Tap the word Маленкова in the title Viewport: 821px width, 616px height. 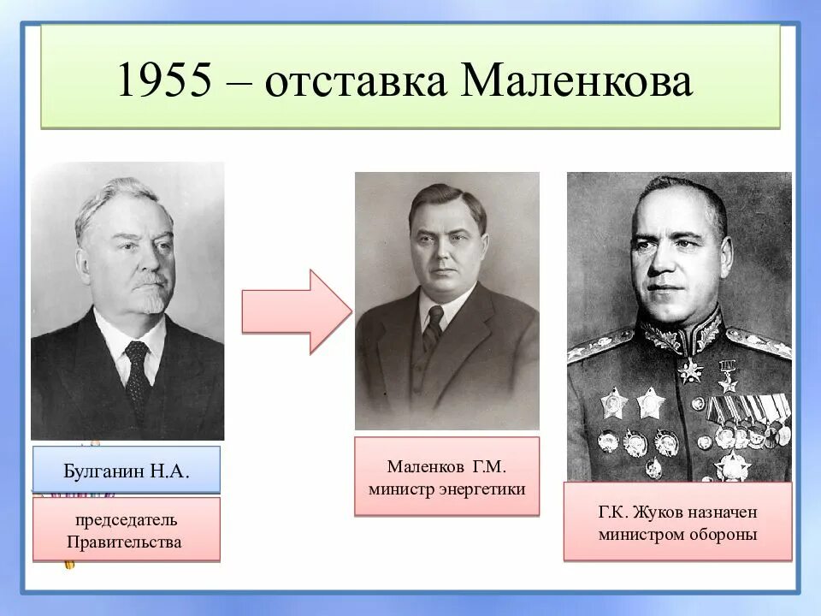pyautogui.click(x=577, y=82)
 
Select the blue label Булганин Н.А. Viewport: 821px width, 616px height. pyautogui.click(x=127, y=470)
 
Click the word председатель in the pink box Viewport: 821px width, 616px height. pyautogui.click(x=126, y=520)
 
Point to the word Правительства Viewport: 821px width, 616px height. pyautogui.click(x=126, y=542)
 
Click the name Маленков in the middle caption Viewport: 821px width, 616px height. pyautogui.click(x=425, y=467)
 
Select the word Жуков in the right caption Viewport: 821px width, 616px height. pyautogui.click(x=654, y=513)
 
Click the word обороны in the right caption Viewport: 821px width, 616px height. pyautogui.click(x=727, y=535)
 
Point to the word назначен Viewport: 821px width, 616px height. pyautogui.click(x=718, y=513)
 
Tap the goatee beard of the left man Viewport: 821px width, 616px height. pyautogui.click(x=152, y=302)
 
